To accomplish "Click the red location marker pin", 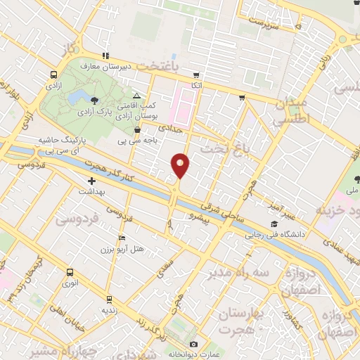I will click(x=181, y=165).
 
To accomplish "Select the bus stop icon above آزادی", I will click(x=55, y=75).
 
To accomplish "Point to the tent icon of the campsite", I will click(x=136, y=96).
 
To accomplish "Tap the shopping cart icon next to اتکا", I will click(x=242, y=98).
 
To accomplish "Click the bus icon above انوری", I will click(x=69, y=272).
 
